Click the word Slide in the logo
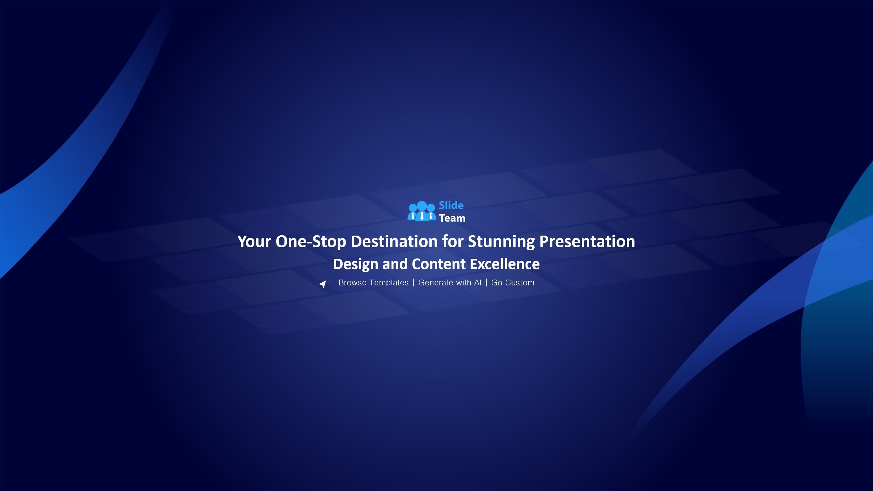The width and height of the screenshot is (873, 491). (x=451, y=205)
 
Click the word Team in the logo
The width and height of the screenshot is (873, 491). (x=452, y=218)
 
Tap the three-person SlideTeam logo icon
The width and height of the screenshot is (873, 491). (x=422, y=211)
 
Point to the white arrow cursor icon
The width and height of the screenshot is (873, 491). (x=323, y=284)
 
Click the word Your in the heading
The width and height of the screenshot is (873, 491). (x=254, y=241)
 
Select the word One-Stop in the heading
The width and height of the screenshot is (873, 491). (x=311, y=242)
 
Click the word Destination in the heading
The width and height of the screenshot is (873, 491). (x=394, y=241)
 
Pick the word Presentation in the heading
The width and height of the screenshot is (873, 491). (x=587, y=241)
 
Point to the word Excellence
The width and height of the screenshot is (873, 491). (x=505, y=264)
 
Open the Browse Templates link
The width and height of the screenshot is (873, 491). (x=373, y=283)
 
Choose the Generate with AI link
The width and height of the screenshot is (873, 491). (x=450, y=283)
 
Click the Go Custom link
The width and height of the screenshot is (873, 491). (x=513, y=283)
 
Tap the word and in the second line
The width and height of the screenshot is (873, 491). (x=395, y=264)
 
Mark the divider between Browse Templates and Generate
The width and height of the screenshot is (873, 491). (x=414, y=283)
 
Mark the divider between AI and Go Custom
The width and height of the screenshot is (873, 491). (x=486, y=283)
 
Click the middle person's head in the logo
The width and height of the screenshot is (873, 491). (x=422, y=206)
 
